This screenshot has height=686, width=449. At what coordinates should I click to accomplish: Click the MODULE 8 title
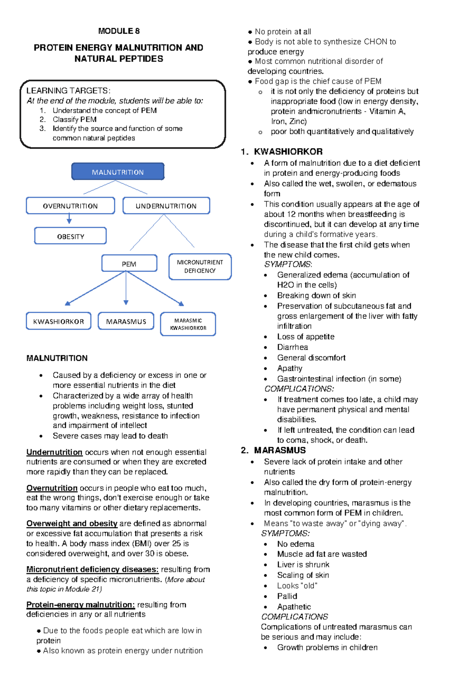click(x=119, y=31)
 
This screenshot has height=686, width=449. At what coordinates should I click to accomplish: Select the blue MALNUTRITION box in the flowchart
click(x=118, y=172)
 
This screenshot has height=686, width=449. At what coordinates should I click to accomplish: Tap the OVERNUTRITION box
click(x=70, y=206)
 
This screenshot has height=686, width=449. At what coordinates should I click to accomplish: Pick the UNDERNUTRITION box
click(x=166, y=206)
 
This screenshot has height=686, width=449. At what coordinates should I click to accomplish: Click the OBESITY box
click(x=70, y=236)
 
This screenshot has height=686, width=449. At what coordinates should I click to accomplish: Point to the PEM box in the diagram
click(x=129, y=264)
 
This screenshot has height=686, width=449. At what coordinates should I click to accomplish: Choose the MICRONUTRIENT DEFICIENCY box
click(x=200, y=267)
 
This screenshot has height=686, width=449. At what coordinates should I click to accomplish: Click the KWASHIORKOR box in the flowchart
click(x=58, y=322)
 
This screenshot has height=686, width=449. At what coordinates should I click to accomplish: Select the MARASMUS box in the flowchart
click(x=126, y=322)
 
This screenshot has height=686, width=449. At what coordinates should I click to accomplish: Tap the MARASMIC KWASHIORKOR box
click(x=188, y=324)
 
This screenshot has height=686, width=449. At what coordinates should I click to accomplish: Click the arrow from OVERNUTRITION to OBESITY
click(x=69, y=219)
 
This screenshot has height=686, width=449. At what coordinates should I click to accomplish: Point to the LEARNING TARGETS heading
click(x=68, y=91)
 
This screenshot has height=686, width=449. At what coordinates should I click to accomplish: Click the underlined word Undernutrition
click(x=54, y=452)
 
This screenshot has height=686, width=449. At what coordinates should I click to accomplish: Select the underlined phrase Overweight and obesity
click(x=72, y=523)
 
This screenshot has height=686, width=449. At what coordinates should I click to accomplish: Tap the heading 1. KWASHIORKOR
click(x=282, y=151)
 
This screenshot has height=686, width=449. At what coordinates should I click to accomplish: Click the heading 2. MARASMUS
click(x=274, y=450)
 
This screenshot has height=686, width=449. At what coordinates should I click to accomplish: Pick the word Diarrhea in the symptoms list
click(x=292, y=347)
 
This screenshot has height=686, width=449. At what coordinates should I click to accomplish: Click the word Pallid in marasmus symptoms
click(x=287, y=596)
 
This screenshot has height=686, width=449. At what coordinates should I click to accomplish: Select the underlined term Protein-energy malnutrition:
click(x=80, y=605)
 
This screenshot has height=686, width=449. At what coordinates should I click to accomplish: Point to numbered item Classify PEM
click(x=74, y=120)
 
